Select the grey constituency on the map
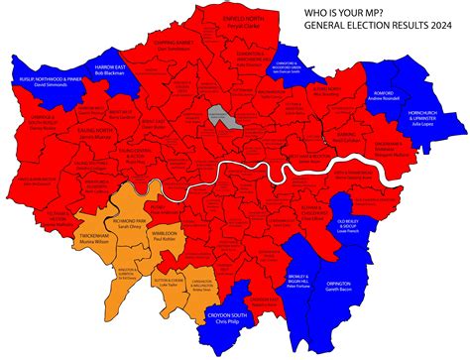pyautogui.click(x=217, y=118)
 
